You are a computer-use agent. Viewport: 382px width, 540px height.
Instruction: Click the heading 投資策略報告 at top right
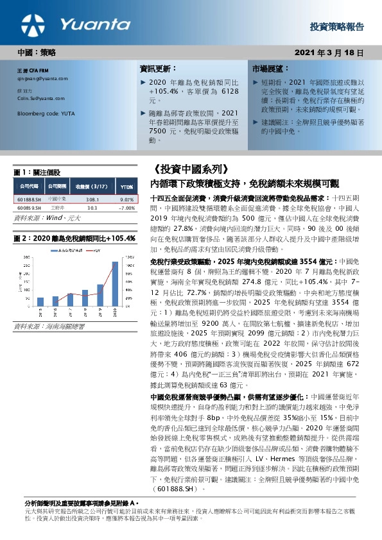(x=336, y=27)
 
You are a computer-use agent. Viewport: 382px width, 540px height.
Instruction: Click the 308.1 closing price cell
(x=91, y=199)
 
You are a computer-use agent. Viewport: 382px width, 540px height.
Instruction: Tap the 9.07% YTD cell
(x=126, y=199)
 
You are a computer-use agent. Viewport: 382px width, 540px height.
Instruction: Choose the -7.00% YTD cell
(x=126, y=208)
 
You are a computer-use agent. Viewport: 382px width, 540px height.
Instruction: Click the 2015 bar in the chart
(x=40, y=300)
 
